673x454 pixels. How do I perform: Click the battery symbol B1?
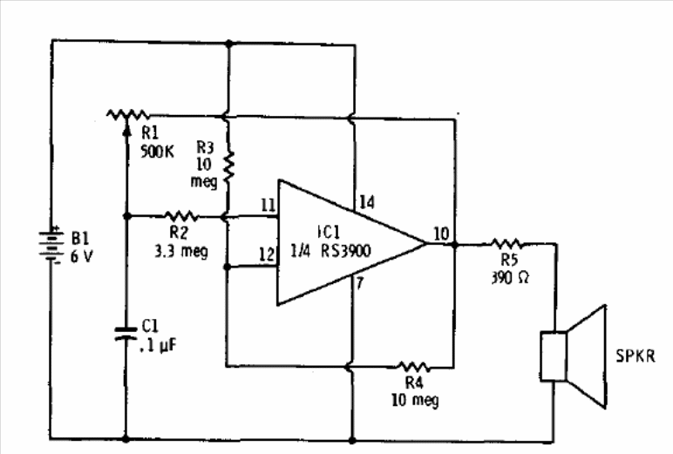[51, 245]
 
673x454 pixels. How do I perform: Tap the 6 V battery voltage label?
[81, 257]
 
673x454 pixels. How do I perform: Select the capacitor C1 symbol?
[126, 334]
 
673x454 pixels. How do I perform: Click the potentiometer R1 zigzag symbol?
[127, 115]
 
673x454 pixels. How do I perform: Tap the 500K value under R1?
[158, 152]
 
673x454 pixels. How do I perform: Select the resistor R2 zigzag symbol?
[181, 216]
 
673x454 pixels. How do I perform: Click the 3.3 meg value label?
[181, 251]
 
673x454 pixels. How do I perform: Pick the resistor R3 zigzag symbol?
[228, 166]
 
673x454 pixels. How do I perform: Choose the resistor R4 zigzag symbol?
[412, 367]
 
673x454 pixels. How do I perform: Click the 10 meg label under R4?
[415, 400]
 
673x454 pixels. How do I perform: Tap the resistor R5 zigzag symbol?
[507, 244]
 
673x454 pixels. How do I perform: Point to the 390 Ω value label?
[510, 278]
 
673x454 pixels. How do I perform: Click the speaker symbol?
[574, 356]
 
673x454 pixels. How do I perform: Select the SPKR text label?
[636, 356]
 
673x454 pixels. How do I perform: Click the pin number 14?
[367, 202]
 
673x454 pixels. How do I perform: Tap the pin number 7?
[360, 283]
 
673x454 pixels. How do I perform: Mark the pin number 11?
[269, 205]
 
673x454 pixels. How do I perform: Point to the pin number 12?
[266, 254]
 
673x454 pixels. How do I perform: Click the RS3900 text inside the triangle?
[345, 251]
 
